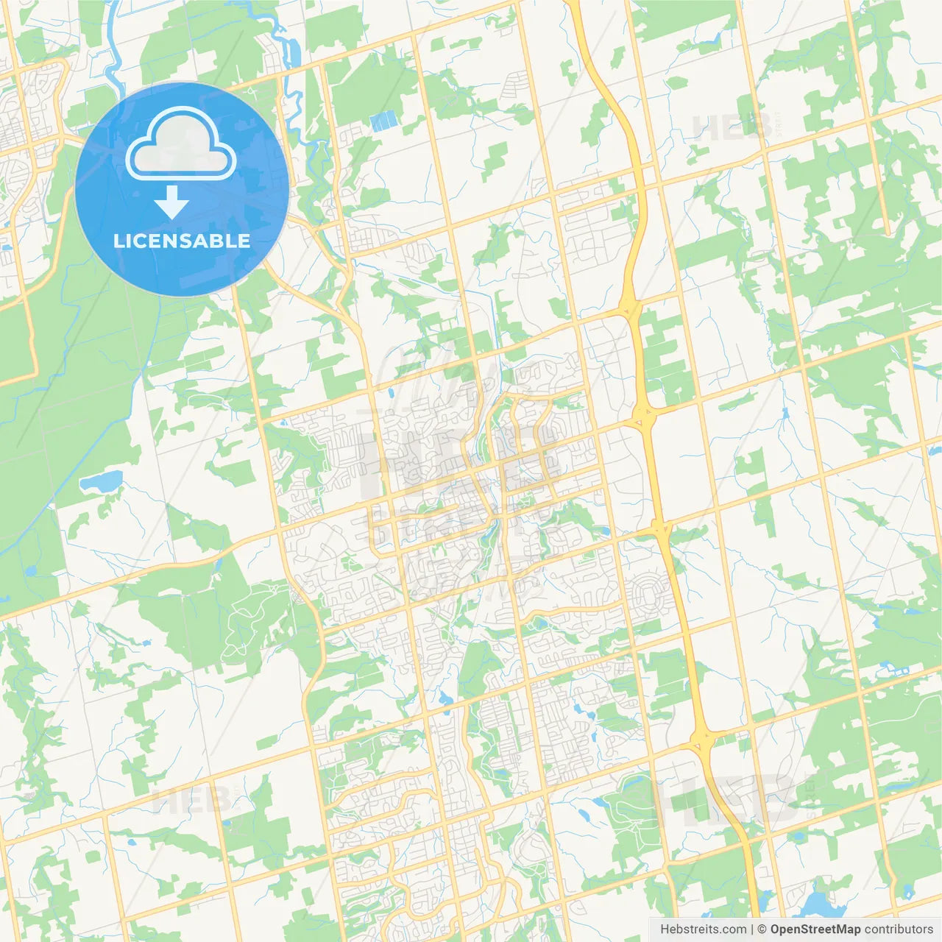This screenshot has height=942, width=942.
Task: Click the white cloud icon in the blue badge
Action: coord(181,144)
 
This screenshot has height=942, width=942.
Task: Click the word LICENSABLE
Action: coord(182,241)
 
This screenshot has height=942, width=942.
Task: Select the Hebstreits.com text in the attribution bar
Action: coord(703,929)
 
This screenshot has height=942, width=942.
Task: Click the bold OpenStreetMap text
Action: coord(815,929)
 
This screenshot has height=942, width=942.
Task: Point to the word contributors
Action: coord(899,929)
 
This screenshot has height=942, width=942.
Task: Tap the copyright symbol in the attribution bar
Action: coord(762,929)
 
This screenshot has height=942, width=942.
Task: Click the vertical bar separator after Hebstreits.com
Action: coord(752,929)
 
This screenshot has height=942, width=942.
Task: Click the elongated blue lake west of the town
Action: coord(100,482)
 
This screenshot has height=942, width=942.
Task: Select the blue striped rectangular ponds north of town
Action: coord(383,121)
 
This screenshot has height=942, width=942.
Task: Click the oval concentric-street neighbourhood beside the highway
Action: coord(648,594)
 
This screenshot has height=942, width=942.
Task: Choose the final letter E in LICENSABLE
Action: coord(244,241)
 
